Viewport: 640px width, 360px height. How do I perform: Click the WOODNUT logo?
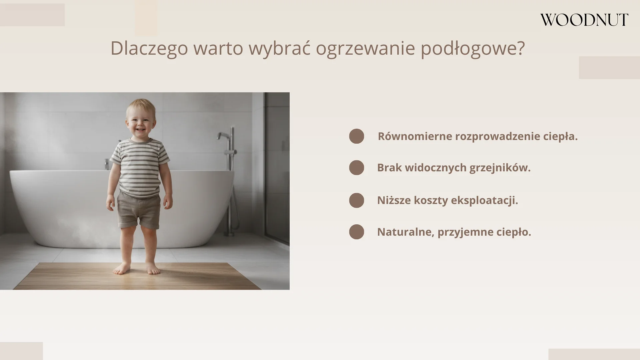584,20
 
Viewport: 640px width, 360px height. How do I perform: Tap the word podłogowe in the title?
472,49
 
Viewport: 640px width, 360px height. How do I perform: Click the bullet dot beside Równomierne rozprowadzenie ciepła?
356,136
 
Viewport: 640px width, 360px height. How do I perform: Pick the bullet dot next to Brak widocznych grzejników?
356,168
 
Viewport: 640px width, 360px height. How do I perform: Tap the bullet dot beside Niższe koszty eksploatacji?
356,200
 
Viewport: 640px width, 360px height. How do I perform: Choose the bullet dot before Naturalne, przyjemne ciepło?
356,232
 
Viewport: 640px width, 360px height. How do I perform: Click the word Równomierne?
415,136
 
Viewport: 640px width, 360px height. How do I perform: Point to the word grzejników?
500,168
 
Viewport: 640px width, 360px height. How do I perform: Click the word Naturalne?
405,232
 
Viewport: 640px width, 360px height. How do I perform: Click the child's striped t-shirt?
140,167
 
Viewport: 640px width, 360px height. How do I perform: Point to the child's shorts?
139,210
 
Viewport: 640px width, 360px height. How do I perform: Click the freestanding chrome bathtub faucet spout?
223,135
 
